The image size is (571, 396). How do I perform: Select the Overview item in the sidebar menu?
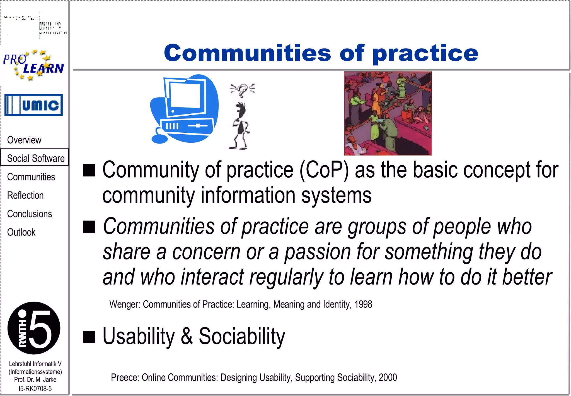tap(24, 140)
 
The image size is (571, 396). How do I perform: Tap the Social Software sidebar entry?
tap(35, 158)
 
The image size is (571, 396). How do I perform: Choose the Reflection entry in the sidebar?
tap(25, 195)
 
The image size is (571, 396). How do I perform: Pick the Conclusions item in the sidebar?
tap(30, 214)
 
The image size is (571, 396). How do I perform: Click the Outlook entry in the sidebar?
tap(21, 232)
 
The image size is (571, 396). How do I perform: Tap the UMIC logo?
tap(33, 105)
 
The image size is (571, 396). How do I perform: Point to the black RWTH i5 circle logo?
tap(34, 328)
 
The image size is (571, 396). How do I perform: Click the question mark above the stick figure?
tap(243, 90)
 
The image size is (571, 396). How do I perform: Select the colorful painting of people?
tap(388, 113)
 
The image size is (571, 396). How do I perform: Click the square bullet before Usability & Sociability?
tap(89, 337)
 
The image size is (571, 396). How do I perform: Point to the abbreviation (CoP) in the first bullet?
tap(324, 170)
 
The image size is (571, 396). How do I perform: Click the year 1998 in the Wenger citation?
tap(363, 304)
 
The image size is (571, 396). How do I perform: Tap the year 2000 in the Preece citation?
tap(388, 377)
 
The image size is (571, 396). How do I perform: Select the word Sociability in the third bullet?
tap(242, 337)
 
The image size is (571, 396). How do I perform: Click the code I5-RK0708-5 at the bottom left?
tap(35, 388)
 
